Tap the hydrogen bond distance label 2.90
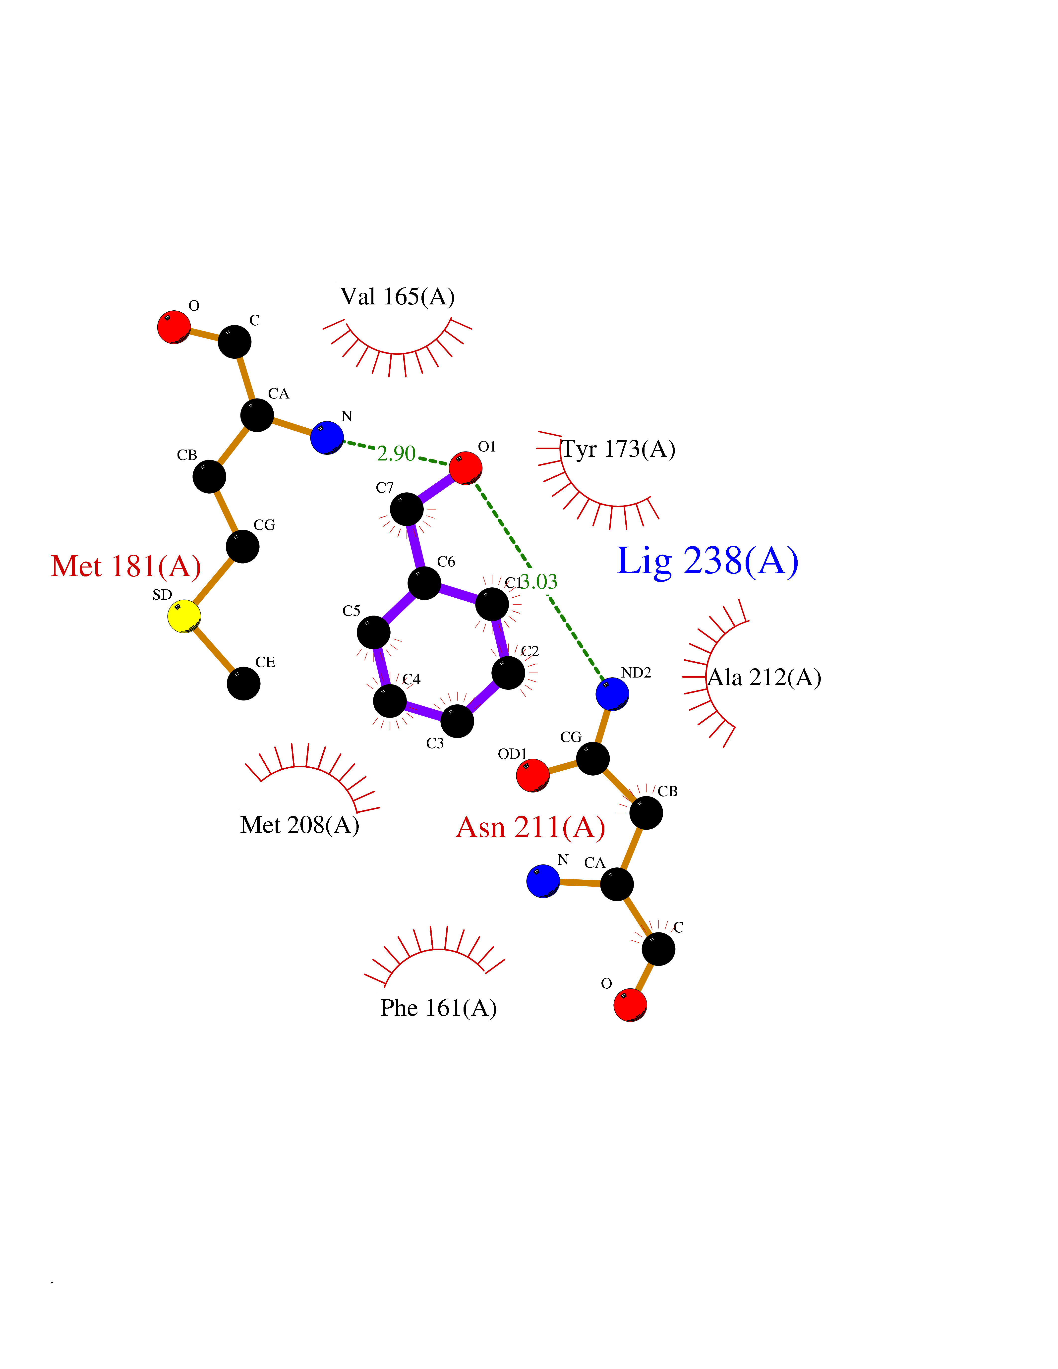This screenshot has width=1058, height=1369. click(396, 453)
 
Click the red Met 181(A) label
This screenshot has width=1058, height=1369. click(126, 566)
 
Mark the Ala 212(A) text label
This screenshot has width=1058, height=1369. click(764, 678)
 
